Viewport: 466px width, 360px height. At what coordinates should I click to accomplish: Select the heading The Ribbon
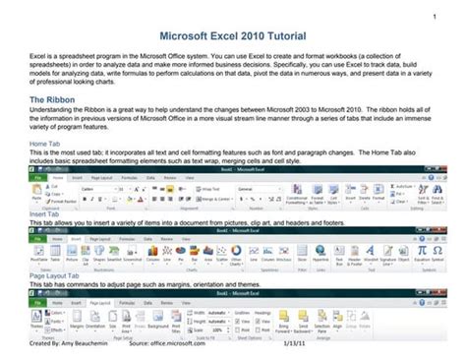(56, 100)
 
